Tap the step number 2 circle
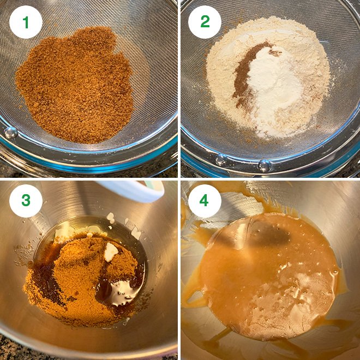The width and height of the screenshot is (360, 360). (x=205, y=22)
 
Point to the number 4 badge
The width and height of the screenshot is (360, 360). (x=205, y=201)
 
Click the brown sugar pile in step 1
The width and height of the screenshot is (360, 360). (x=76, y=85)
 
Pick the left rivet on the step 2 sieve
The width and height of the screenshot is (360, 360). (x=221, y=160)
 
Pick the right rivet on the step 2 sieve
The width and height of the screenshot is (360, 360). (x=264, y=165)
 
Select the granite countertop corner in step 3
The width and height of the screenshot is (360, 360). (x=8, y=349)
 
